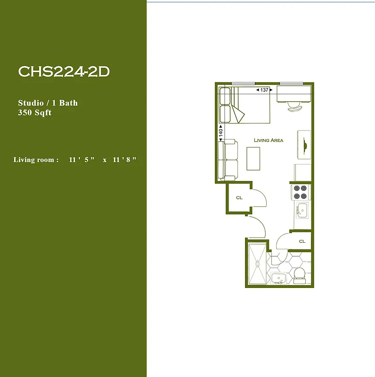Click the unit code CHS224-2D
click(x=64, y=72)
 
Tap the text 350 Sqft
click(x=34, y=113)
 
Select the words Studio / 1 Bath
click(x=48, y=103)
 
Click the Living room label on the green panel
click(x=36, y=160)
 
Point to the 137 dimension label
click(x=264, y=90)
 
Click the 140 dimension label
click(x=220, y=132)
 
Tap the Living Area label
click(x=269, y=140)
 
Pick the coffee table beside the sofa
click(x=253, y=158)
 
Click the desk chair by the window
click(x=295, y=106)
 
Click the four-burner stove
click(x=301, y=192)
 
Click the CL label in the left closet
click(x=239, y=198)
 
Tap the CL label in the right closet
click(x=302, y=241)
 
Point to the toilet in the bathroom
click(x=299, y=274)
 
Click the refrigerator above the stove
click(x=302, y=172)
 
